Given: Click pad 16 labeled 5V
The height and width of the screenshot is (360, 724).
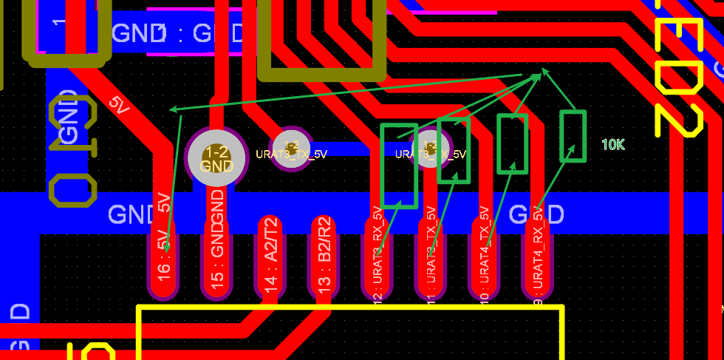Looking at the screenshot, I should point(163,259).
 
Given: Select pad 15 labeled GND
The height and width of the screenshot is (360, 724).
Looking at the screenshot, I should point(216,259).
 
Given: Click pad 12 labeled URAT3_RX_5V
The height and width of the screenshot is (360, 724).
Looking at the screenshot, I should point(377,259).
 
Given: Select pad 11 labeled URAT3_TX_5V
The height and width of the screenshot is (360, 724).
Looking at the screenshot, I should point(430,259).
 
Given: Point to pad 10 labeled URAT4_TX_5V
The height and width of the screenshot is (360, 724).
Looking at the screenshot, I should point(483,259).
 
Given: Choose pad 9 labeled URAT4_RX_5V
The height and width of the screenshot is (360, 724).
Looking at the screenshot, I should point(537,259).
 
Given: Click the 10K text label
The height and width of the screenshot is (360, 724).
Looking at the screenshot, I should point(612,145).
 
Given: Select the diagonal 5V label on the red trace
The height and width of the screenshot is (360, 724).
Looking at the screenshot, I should point(119,106).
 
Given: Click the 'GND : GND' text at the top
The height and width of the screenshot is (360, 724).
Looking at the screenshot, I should point(177,33).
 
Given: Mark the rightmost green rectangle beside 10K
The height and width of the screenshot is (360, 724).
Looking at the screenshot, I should point(573,135).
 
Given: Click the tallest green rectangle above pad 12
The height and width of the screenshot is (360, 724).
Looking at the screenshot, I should point(399,166).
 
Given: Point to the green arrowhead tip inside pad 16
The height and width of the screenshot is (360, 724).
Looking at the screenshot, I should point(168,248).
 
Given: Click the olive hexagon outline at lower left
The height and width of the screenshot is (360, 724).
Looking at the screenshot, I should point(72,191).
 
